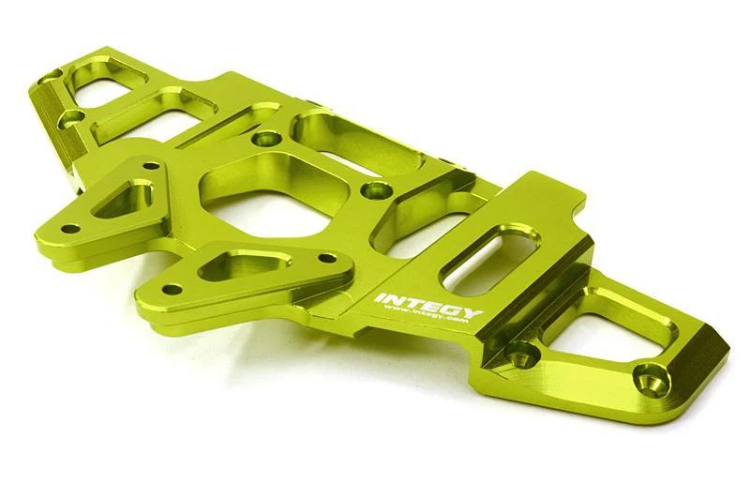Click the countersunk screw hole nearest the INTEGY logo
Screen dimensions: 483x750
518,354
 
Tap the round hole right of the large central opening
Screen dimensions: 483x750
377,190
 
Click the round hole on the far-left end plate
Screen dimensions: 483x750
69,117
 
